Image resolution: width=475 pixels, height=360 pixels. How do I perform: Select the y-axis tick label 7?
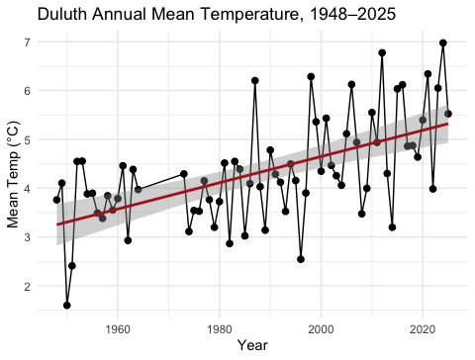tap(27, 43)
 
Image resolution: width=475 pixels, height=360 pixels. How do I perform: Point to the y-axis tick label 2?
tap(27, 286)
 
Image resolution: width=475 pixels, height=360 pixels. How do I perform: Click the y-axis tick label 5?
tap(27, 139)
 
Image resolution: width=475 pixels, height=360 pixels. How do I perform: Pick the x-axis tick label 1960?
tap(118, 329)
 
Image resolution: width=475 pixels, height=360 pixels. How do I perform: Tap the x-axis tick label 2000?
tap(321, 329)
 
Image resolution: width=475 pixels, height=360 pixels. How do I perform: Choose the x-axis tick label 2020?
tap(423, 329)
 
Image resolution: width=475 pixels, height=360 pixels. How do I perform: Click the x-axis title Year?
tap(252, 345)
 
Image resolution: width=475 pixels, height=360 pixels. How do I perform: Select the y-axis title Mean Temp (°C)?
tap(14, 174)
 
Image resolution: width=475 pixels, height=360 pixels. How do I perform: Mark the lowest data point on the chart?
tap(67, 306)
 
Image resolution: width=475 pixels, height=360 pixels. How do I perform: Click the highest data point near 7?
tap(443, 43)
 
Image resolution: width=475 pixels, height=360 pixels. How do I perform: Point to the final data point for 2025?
tap(448, 114)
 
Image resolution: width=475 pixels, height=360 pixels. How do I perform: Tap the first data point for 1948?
tap(56, 200)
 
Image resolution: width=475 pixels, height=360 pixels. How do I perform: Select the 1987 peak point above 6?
tap(255, 80)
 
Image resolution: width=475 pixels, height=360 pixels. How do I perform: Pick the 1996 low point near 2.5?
tap(301, 259)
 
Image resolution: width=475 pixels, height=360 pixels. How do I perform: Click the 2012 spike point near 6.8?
tap(382, 52)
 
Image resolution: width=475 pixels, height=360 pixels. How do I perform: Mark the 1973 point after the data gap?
tap(184, 174)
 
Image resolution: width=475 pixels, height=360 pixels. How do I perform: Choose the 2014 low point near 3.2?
tap(392, 227)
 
